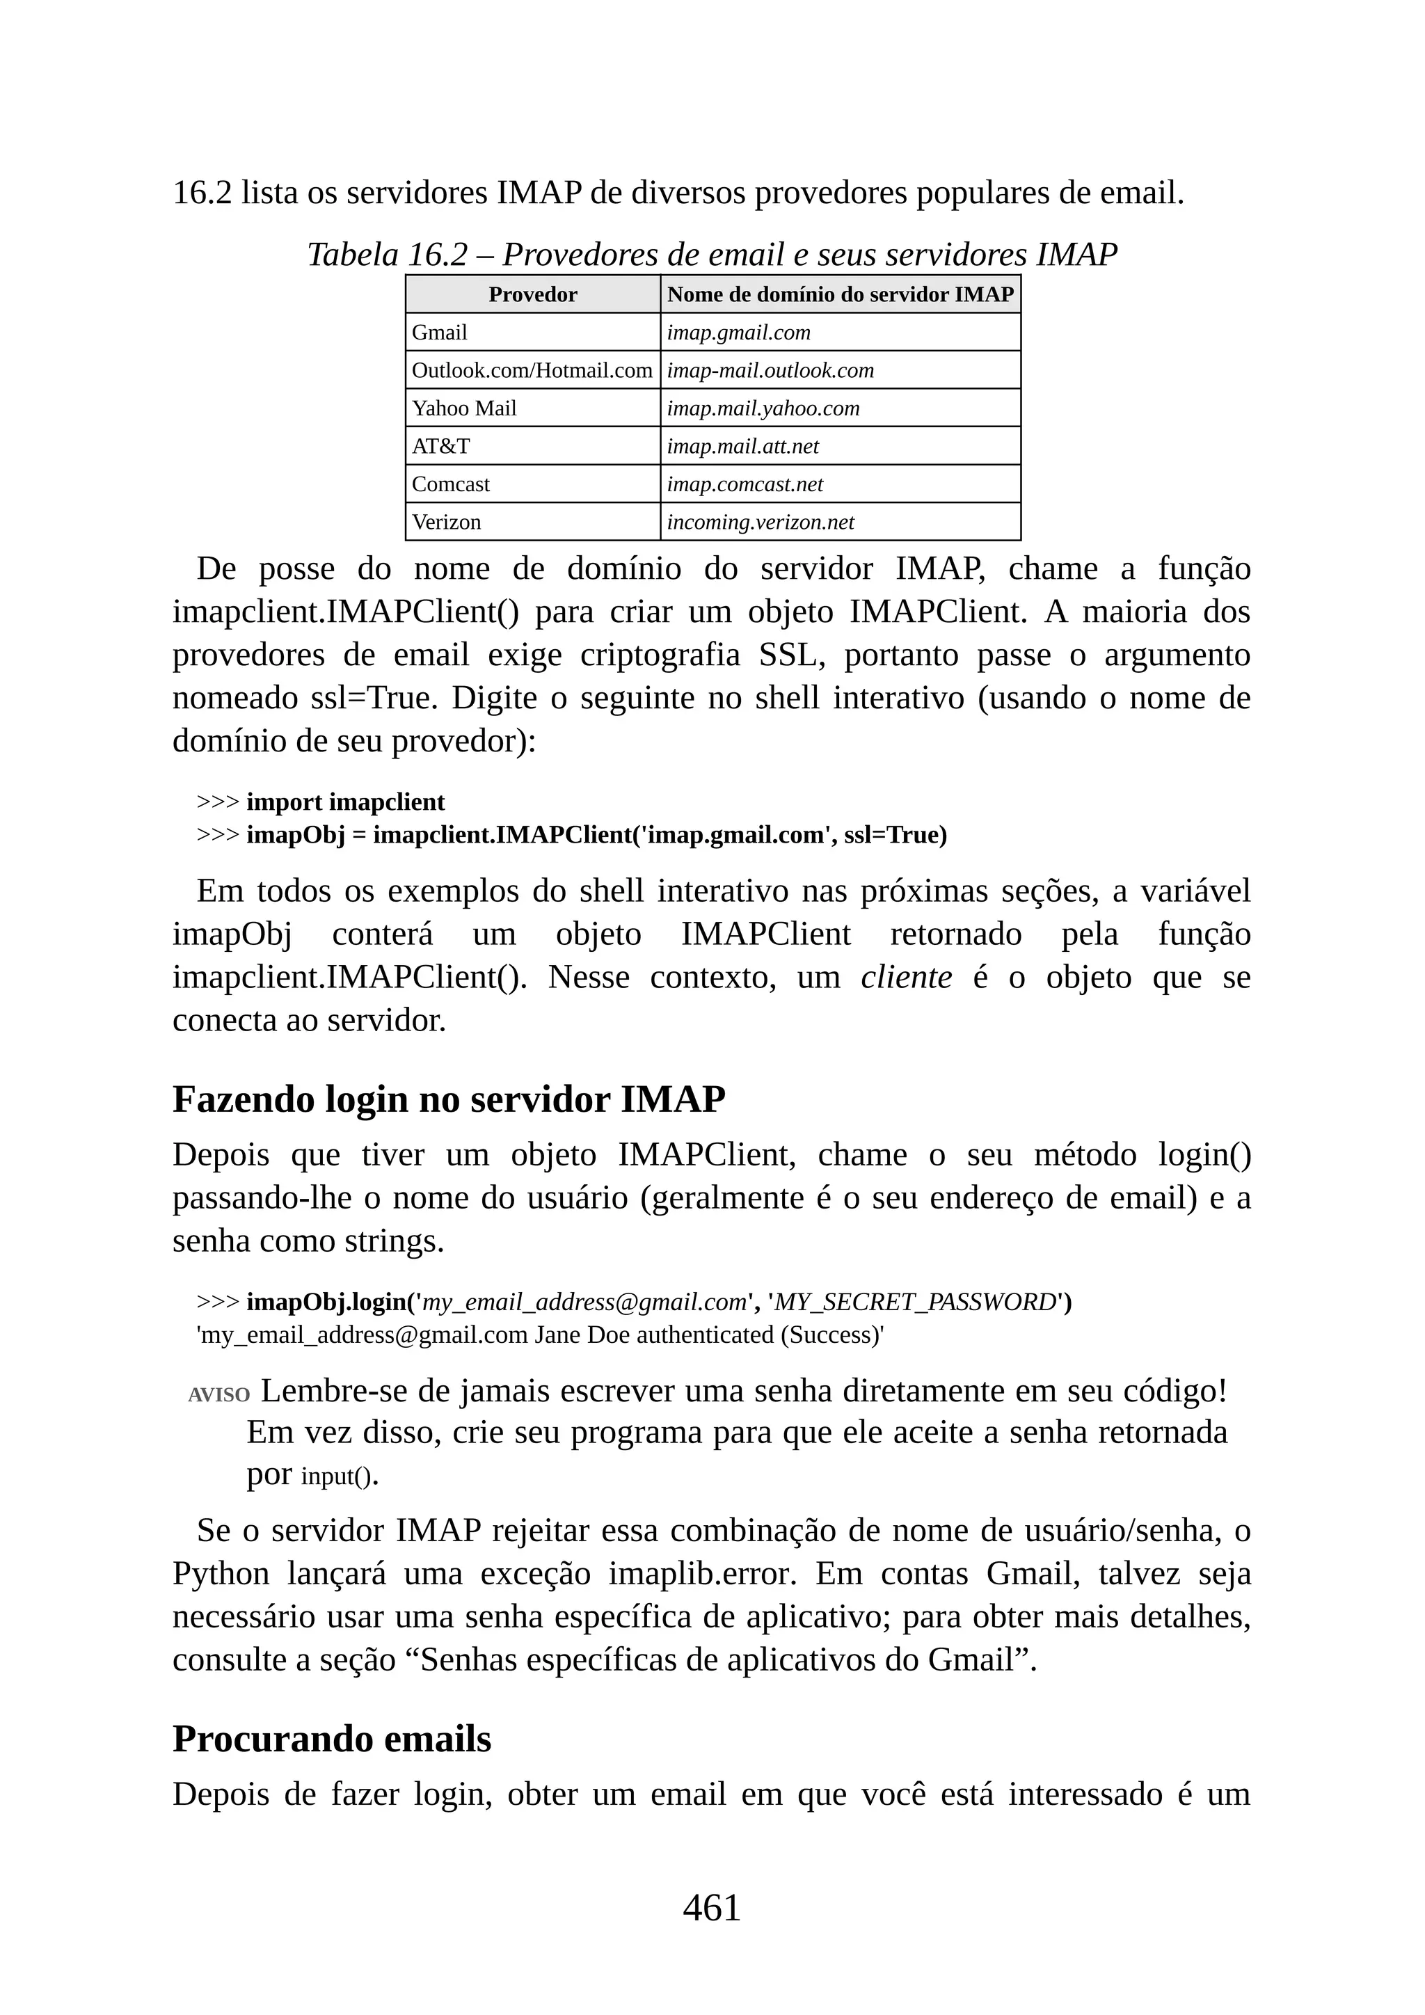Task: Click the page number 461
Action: click(x=712, y=1908)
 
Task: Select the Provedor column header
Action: click(x=532, y=295)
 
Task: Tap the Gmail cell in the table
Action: click(x=440, y=333)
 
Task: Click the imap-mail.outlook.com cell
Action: click(x=770, y=370)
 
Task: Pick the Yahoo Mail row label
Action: click(x=464, y=408)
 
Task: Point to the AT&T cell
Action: click(x=440, y=446)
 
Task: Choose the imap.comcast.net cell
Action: click(x=745, y=484)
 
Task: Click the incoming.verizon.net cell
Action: click(x=760, y=522)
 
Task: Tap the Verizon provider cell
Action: click(x=447, y=522)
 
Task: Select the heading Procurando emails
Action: click(x=332, y=1739)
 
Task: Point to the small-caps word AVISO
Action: click(x=218, y=1394)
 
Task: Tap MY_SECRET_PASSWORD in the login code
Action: click(x=915, y=1302)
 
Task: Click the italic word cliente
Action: click(x=907, y=977)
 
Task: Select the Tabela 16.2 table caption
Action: click(x=712, y=255)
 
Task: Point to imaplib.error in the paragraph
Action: click(x=702, y=1574)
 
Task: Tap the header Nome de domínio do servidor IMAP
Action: click(x=840, y=295)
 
